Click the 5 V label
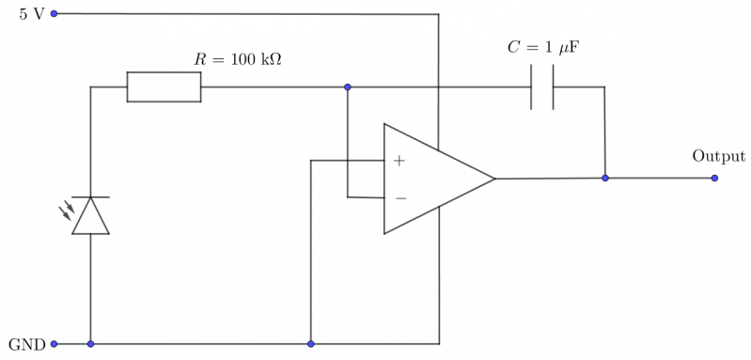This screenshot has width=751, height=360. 31,15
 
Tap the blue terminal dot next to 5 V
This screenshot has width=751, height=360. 54,14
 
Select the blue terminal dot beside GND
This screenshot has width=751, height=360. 54,344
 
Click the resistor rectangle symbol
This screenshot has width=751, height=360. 164,87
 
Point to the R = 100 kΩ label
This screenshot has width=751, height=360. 238,59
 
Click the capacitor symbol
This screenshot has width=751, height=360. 541,87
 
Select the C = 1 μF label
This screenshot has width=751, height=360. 543,47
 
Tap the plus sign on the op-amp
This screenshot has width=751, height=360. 399,161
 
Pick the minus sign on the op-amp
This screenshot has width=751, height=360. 400,197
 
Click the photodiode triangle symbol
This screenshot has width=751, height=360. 91,216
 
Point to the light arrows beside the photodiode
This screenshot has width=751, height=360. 68,211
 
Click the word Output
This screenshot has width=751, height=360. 718,156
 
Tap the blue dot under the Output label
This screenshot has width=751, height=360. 715,178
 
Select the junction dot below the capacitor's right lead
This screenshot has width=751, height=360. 605,178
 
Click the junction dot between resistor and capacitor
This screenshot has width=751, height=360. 347,87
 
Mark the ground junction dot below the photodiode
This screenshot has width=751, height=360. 91,344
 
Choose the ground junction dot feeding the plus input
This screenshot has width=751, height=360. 310,344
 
